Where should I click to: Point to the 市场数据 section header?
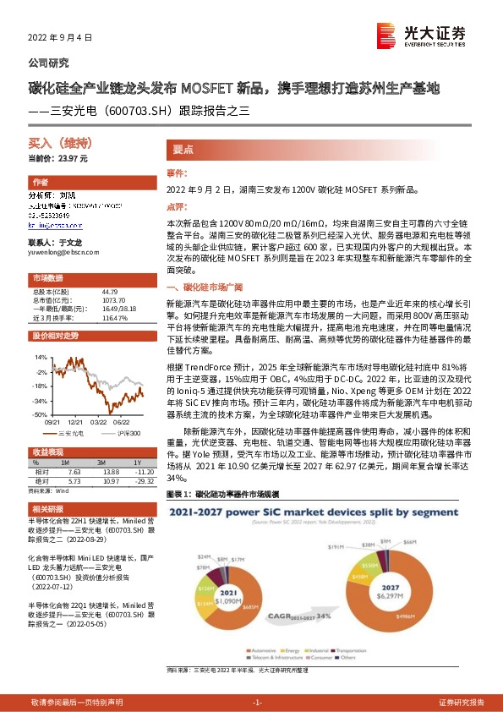[47, 278]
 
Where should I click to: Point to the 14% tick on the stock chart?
[41, 359]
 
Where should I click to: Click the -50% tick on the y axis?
[40, 415]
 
